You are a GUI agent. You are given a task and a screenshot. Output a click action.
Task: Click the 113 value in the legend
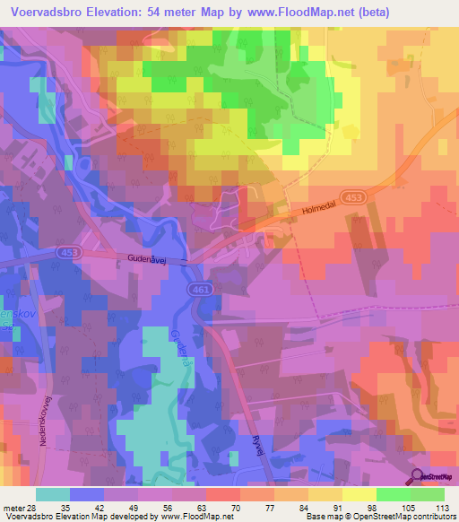click(442, 507)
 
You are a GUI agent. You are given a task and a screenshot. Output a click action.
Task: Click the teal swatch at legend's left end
click(54, 494)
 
